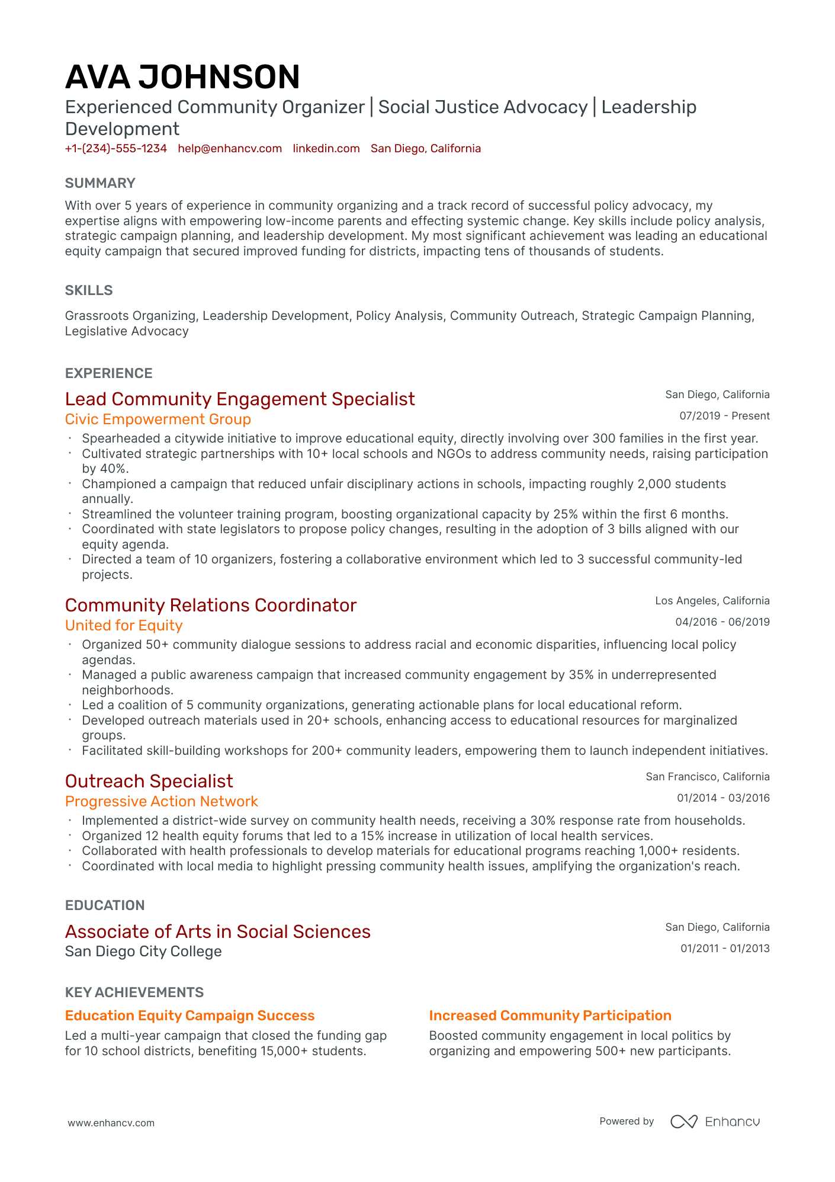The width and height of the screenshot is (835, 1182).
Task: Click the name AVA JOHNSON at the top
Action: [x=182, y=77]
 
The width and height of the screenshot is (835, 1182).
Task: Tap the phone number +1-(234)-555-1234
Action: [x=116, y=149]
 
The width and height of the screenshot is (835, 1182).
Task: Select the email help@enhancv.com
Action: [x=230, y=149]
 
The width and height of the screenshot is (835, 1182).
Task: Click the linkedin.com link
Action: [x=326, y=149]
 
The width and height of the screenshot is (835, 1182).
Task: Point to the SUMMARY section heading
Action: [x=100, y=183]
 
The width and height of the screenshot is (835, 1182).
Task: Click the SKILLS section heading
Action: [x=89, y=290]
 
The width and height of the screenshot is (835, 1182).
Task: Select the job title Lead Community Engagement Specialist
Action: [x=240, y=399]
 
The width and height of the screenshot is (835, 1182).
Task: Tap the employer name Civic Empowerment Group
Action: [x=158, y=419]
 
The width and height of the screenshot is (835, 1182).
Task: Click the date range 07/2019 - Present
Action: [x=724, y=416]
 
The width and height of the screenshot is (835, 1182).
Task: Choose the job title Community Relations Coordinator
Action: [x=211, y=606]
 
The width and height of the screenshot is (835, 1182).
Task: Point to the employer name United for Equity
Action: [x=124, y=626]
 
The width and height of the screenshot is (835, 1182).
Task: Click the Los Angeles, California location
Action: [x=712, y=601]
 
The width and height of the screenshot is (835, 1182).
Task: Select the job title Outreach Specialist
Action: [x=149, y=781]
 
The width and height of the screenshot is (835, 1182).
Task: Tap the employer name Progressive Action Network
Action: [x=162, y=802]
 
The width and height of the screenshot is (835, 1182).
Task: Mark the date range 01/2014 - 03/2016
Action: [x=723, y=798]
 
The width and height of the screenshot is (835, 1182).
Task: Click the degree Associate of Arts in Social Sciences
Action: [x=218, y=932]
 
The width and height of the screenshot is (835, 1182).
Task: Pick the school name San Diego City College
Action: [x=143, y=952]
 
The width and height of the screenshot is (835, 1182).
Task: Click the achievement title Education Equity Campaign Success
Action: [x=190, y=1016]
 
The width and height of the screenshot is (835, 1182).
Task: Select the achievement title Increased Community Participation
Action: [x=550, y=1016]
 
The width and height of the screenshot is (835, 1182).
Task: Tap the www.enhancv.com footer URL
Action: [x=111, y=1123]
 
